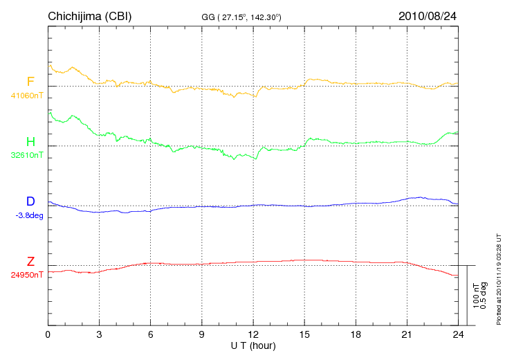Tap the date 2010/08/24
428,16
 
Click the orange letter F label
30,82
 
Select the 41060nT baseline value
27,96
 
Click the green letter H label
30,142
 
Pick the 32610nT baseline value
27,155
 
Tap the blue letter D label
30,201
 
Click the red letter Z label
30,262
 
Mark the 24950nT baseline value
27,275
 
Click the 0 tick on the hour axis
48,334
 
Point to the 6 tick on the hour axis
150,334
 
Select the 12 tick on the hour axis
252,334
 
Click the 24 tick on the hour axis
457,334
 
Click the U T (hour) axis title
253,345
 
